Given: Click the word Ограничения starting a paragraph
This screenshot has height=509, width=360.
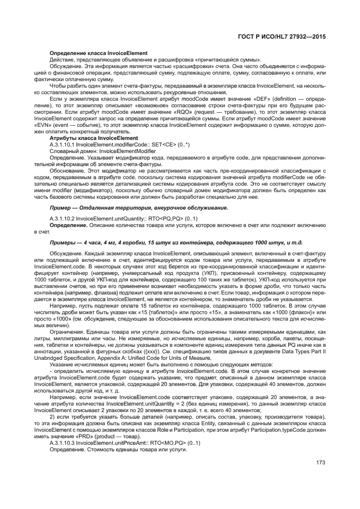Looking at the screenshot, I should coord(66,331).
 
